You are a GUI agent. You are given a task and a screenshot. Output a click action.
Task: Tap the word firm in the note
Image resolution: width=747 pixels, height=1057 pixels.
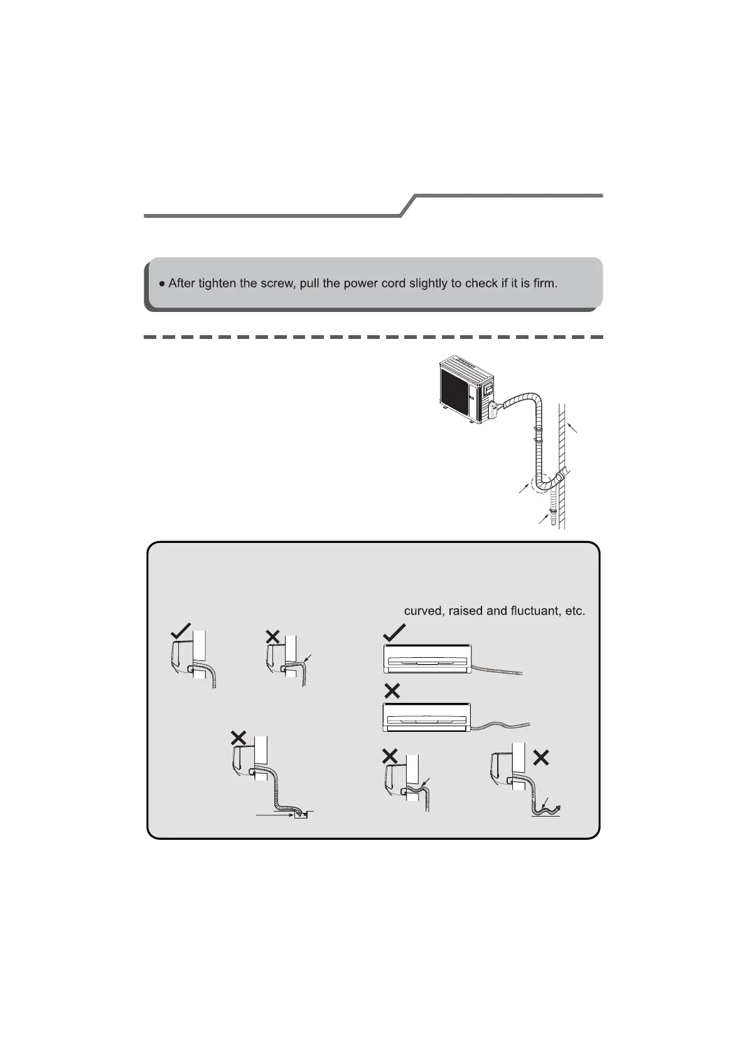[x=544, y=283]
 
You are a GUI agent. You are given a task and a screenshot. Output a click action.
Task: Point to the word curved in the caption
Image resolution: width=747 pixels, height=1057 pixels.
[x=423, y=611]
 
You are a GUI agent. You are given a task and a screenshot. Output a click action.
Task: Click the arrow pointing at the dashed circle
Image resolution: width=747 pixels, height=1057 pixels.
[x=524, y=489]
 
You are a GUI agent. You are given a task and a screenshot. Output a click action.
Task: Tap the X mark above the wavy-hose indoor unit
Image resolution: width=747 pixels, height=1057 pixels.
[x=392, y=691]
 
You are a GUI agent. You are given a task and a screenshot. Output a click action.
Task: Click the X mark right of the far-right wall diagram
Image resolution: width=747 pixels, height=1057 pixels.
[x=540, y=758]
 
